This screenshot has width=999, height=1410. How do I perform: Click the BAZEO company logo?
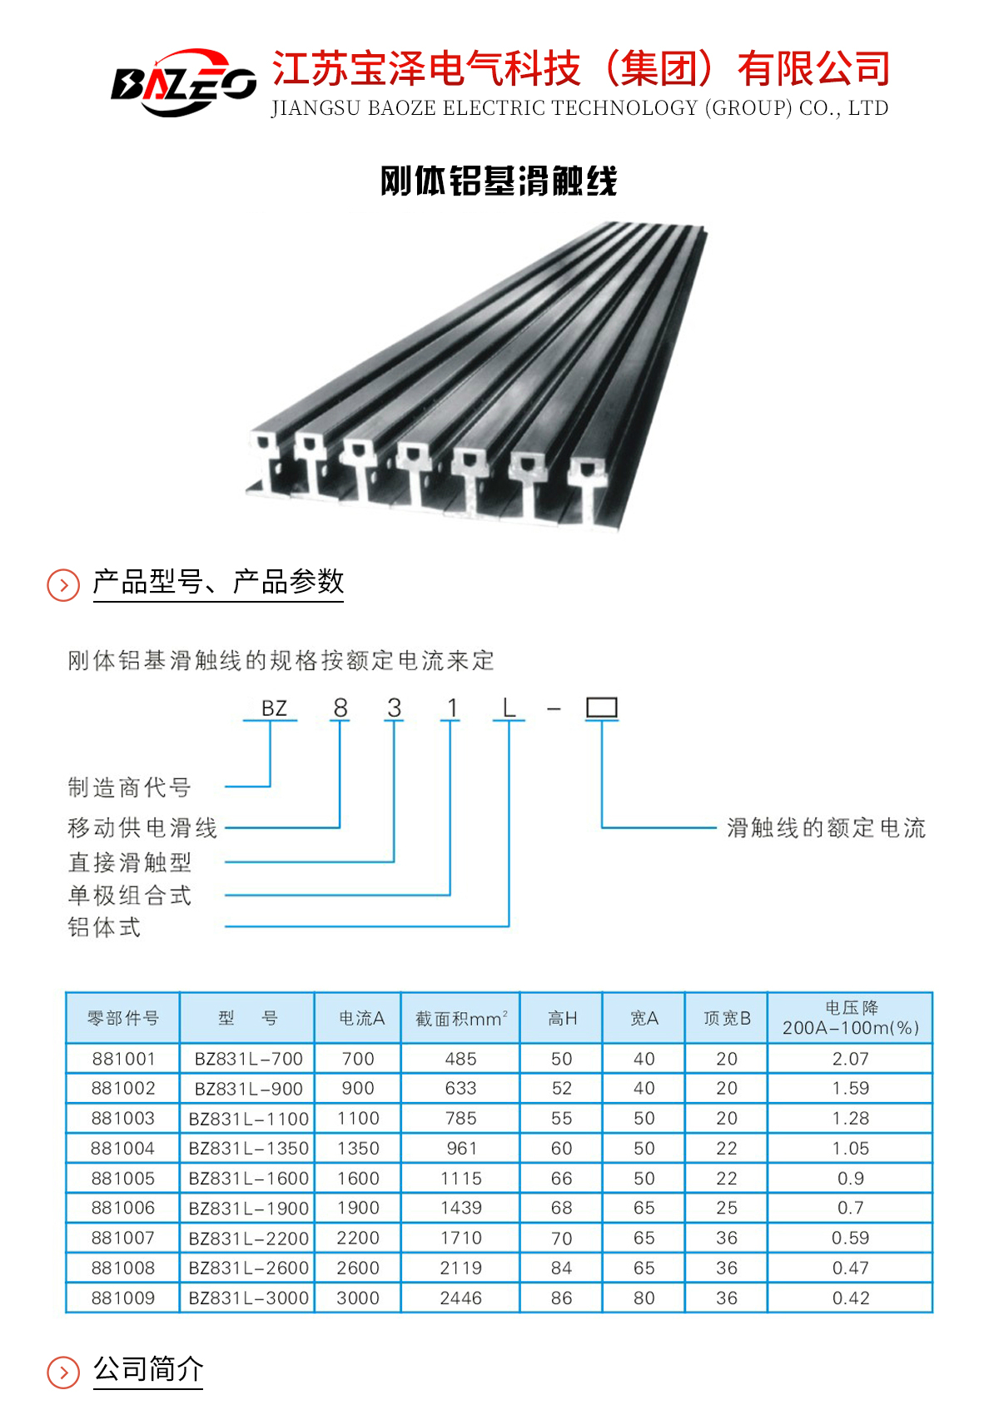click(x=183, y=82)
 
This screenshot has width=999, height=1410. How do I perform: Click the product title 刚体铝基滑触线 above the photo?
click(x=499, y=181)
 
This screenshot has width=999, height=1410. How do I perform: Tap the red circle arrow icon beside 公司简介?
click(x=63, y=1373)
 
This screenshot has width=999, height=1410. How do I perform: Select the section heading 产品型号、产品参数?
click(x=218, y=581)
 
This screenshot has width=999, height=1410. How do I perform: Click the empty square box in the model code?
click(x=602, y=707)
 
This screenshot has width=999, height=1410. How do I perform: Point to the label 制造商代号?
click(x=129, y=787)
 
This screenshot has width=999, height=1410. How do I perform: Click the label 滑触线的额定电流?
click(x=827, y=827)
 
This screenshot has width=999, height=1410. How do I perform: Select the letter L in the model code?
click(x=509, y=708)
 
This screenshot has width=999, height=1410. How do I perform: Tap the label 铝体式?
click(x=105, y=927)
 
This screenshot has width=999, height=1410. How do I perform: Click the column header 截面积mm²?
click(x=461, y=1018)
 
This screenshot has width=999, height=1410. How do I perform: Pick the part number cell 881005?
click(x=123, y=1178)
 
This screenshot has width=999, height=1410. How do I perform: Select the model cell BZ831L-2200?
click(x=249, y=1239)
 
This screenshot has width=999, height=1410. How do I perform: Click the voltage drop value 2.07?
click(x=851, y=1058)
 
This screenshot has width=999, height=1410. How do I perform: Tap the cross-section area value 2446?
click(x=460, y=1298)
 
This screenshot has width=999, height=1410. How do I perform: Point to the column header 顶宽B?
click(x=727, y=1018)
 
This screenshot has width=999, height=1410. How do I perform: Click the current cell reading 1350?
click(x=358, y=1148)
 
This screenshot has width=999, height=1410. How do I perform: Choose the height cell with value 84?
click(x=561, y=1268)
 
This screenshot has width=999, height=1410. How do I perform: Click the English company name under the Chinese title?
click(x=579, y=107)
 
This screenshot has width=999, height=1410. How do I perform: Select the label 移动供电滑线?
click(x=142, y=827)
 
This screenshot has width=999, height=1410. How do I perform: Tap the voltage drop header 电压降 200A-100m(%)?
click(x=851, y=1018)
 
